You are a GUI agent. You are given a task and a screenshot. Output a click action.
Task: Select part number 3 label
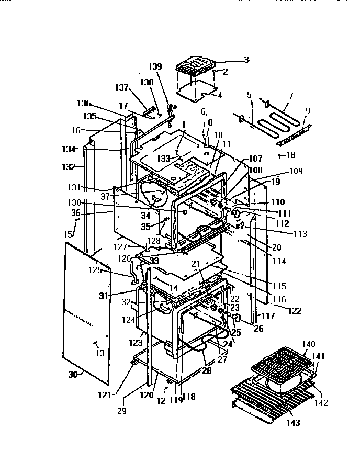pyautogui.click(x=246, y=60)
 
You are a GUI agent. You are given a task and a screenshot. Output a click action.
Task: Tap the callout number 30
pyautogui.click(x=72, y=374)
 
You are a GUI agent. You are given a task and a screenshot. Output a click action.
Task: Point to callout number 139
pyautogui.click(x=155, y=66)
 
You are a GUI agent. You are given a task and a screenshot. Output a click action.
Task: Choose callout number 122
pyautogui.click(x=295, y=311)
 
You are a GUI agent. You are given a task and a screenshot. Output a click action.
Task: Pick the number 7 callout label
pyautogui.click(x=291, y=95)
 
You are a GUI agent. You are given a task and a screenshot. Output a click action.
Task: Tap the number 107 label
pyautogui.click(x=255, y=159)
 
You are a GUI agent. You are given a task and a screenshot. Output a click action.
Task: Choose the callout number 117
pyautogui.click(x=268, y=317)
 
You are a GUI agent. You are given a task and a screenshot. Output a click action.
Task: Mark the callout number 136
pyautogui.click(x=84, y=103)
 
